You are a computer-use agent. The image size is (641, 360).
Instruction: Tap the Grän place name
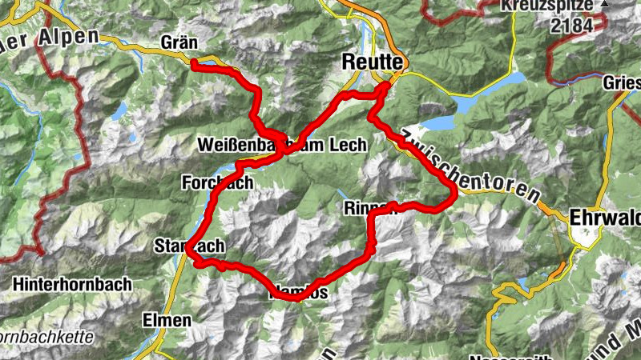coord(179,41)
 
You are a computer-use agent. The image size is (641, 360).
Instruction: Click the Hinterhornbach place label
coord(67,283)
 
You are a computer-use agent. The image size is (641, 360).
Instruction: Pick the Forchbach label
coord(217,182)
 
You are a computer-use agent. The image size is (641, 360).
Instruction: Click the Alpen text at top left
coord(68,36)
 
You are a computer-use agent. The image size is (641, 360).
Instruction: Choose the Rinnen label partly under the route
coord(369,208)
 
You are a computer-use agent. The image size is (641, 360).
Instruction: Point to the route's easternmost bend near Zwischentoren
coord(454,192)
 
